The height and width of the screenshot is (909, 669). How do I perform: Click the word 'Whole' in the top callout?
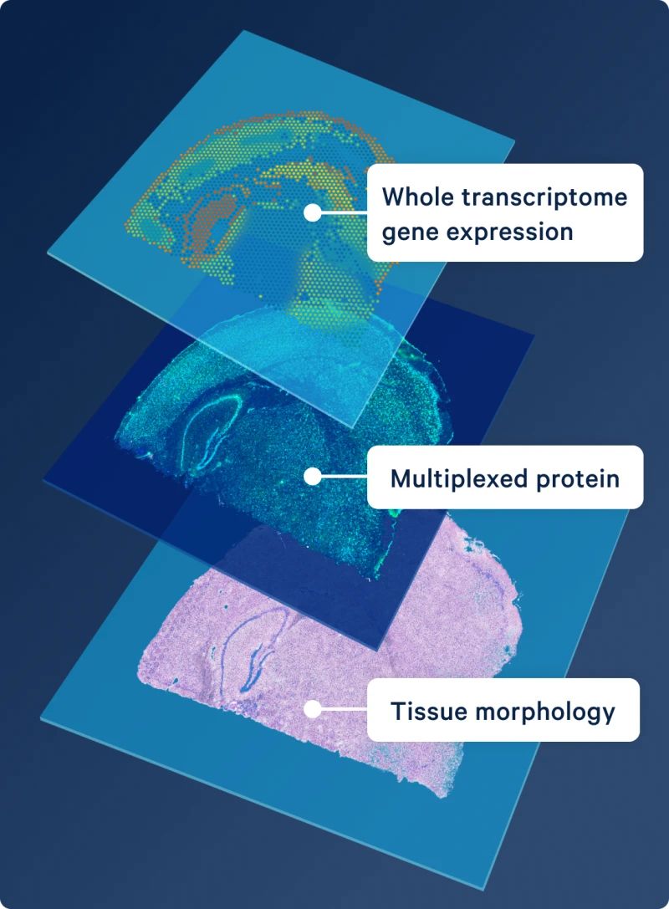point(416,197)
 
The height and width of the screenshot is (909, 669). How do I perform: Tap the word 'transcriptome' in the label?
point(544,197)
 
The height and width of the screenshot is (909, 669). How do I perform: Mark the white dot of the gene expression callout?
point(313,212)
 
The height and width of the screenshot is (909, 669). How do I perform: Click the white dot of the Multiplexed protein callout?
point(313,477)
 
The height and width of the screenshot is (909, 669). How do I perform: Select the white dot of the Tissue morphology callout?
point(313,709)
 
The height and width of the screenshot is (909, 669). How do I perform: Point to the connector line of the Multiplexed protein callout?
point(344,477)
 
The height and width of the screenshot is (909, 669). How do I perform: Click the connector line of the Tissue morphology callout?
point(344,709)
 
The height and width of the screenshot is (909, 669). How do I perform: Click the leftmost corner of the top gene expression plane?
point(48,254)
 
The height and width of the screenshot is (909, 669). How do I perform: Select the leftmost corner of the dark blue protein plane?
point(44,480)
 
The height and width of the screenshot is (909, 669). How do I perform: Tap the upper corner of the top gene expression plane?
point(243,30)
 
